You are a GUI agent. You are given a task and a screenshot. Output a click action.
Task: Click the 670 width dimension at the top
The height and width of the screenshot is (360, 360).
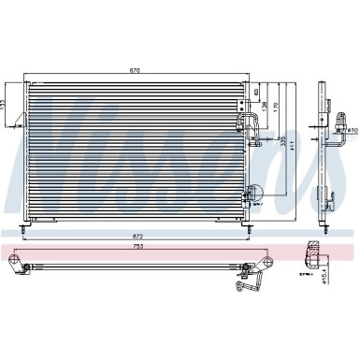pos(137,69)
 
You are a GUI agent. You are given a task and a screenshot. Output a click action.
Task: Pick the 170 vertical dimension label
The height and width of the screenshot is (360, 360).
pos(272,105)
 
